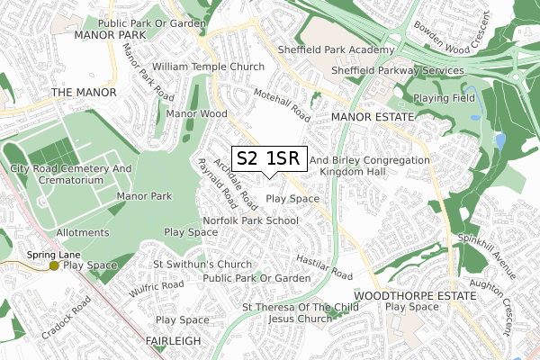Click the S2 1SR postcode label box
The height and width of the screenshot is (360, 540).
[x=270, y=158]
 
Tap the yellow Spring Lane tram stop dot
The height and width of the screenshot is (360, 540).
[x=54, y=265]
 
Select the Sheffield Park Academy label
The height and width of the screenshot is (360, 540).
[x=348, y=50]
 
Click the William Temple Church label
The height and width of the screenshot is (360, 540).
[x=208, y=67]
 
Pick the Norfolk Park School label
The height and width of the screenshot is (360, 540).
[x=251, y=220]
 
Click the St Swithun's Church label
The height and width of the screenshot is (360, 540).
[x=202, y=264]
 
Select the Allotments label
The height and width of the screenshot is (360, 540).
[x=82, y=232]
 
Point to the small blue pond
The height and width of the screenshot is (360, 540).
[x=499, y=141]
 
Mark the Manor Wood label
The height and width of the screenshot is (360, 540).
[x=196, y=114]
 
